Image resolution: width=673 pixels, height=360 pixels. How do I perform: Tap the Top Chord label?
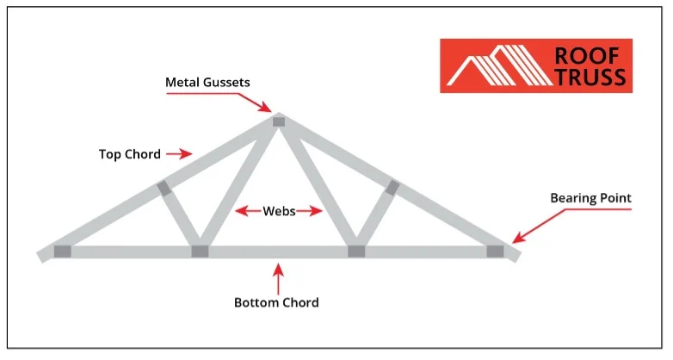tap(130, 154)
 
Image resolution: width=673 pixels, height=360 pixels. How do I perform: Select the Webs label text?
tap(279, 210)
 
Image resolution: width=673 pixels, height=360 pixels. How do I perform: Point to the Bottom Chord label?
tap(276, 302)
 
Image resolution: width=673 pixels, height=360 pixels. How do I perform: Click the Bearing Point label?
tap(590, 198)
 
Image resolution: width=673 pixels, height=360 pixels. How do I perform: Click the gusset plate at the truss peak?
tap(278, 121)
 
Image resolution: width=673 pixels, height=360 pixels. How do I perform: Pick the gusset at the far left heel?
tap(62, 251)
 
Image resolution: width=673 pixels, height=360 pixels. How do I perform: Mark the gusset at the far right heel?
tap(495, 251)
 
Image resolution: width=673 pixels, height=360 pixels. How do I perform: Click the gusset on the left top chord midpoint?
tap(164, 188)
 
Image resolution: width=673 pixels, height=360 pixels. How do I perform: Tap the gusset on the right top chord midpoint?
tap(392, 187)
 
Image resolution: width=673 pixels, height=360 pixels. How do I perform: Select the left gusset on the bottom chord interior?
tap(200, 251)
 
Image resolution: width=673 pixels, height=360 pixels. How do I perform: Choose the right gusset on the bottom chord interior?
tap(355, 251)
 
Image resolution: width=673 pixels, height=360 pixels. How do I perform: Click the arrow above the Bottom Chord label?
tap(277, 278)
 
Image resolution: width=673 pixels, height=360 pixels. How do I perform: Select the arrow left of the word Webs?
tap(248, 210)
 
